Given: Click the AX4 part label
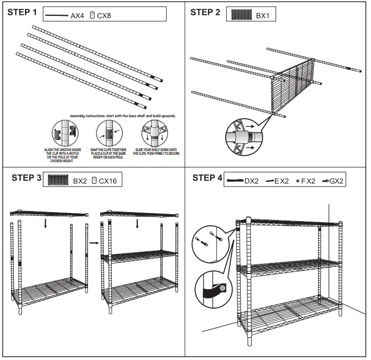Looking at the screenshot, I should coord(77,16).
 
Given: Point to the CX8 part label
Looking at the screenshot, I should coord(104,16).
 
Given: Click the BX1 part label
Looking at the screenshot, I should coord(263,16).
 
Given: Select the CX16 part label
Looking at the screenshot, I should coord(108,181).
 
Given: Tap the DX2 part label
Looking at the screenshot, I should coord(251,181).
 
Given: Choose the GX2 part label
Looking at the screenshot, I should coord(337,181).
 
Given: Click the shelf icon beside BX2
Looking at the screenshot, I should coord(58,180).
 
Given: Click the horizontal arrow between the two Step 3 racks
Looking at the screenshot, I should coord(93,243).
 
